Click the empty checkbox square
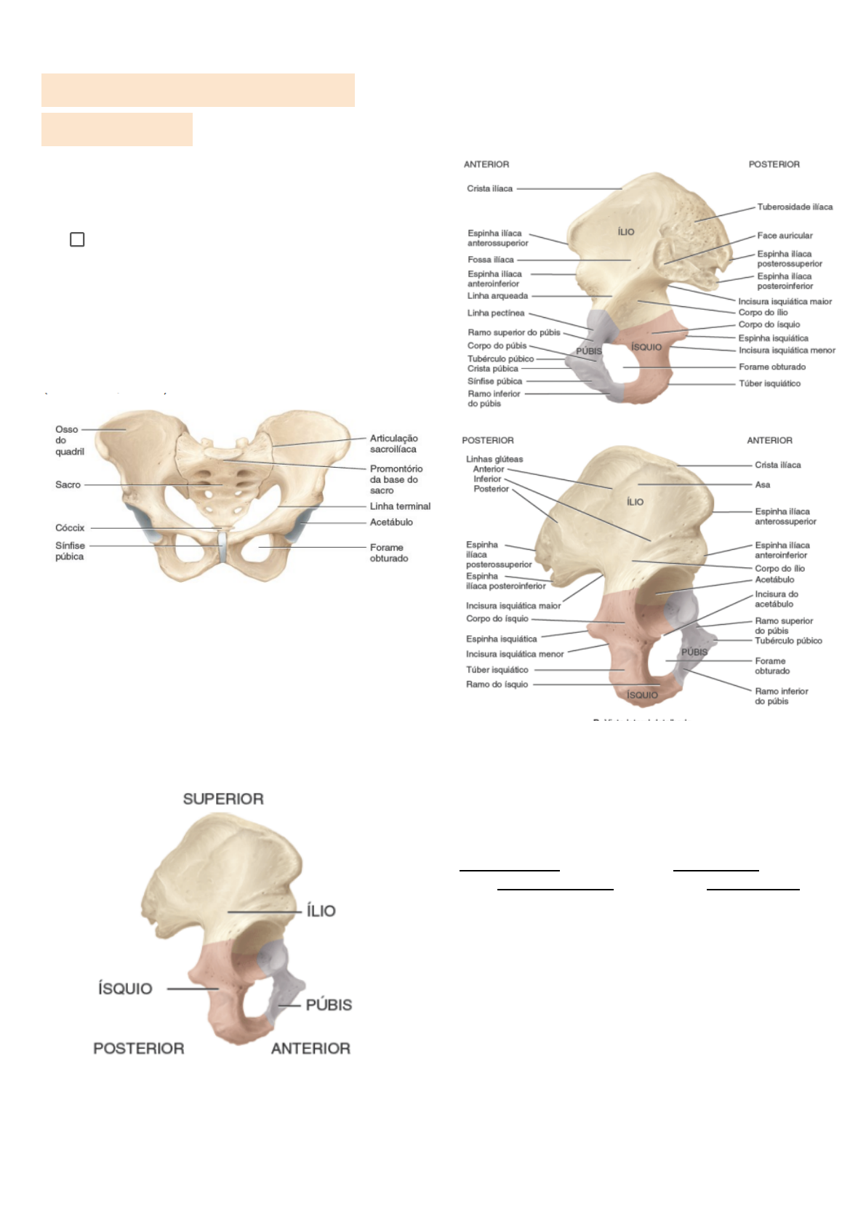tap(77, 239)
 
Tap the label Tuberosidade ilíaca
tap(795, 207)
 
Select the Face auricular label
tap(785, 236)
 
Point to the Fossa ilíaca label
tap(491, 260)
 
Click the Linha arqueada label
tap(497, 296)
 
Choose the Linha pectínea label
tap(495, 314)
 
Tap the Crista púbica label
tap(492, 369)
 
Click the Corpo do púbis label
tap(497, 346)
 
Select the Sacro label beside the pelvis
tap(68, 484)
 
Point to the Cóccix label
tap(70, 528)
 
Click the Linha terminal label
tap(400, 506)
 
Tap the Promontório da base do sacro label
tap(396, 479)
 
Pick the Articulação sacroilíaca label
tap(393, 444)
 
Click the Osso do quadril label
tap(69, 440)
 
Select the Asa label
tap(762, 484)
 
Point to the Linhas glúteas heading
tap(494, 460)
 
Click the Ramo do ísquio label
tap(497, 685)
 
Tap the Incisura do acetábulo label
tap(776, 599)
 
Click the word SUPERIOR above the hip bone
tap(223, 799)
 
